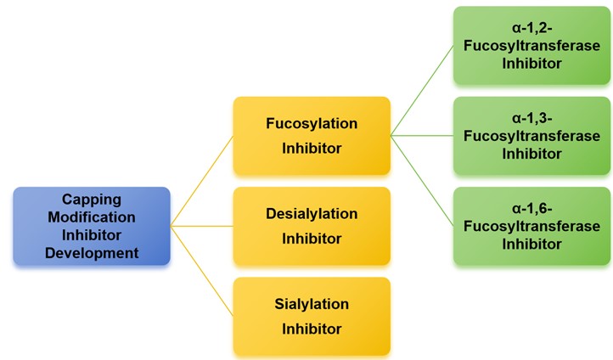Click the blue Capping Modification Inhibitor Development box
coord(92,226)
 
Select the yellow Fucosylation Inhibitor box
coord(312,136)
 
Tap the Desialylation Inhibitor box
coord(312,226)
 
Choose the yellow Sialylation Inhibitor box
coord(312,316)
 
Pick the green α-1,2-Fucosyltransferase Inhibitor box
coord(531,46)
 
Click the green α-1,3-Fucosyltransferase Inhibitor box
coord(531,136)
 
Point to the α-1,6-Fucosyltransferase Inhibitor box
coord(531,226)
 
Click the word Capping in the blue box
coord(92,200)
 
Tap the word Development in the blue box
coord(92,252)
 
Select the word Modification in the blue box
coord(92,217)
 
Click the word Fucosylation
coord(312,124)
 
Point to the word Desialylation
coord(312,214)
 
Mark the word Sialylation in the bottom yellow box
coord(312,304)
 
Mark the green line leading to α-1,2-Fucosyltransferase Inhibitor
coord(422,91)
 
